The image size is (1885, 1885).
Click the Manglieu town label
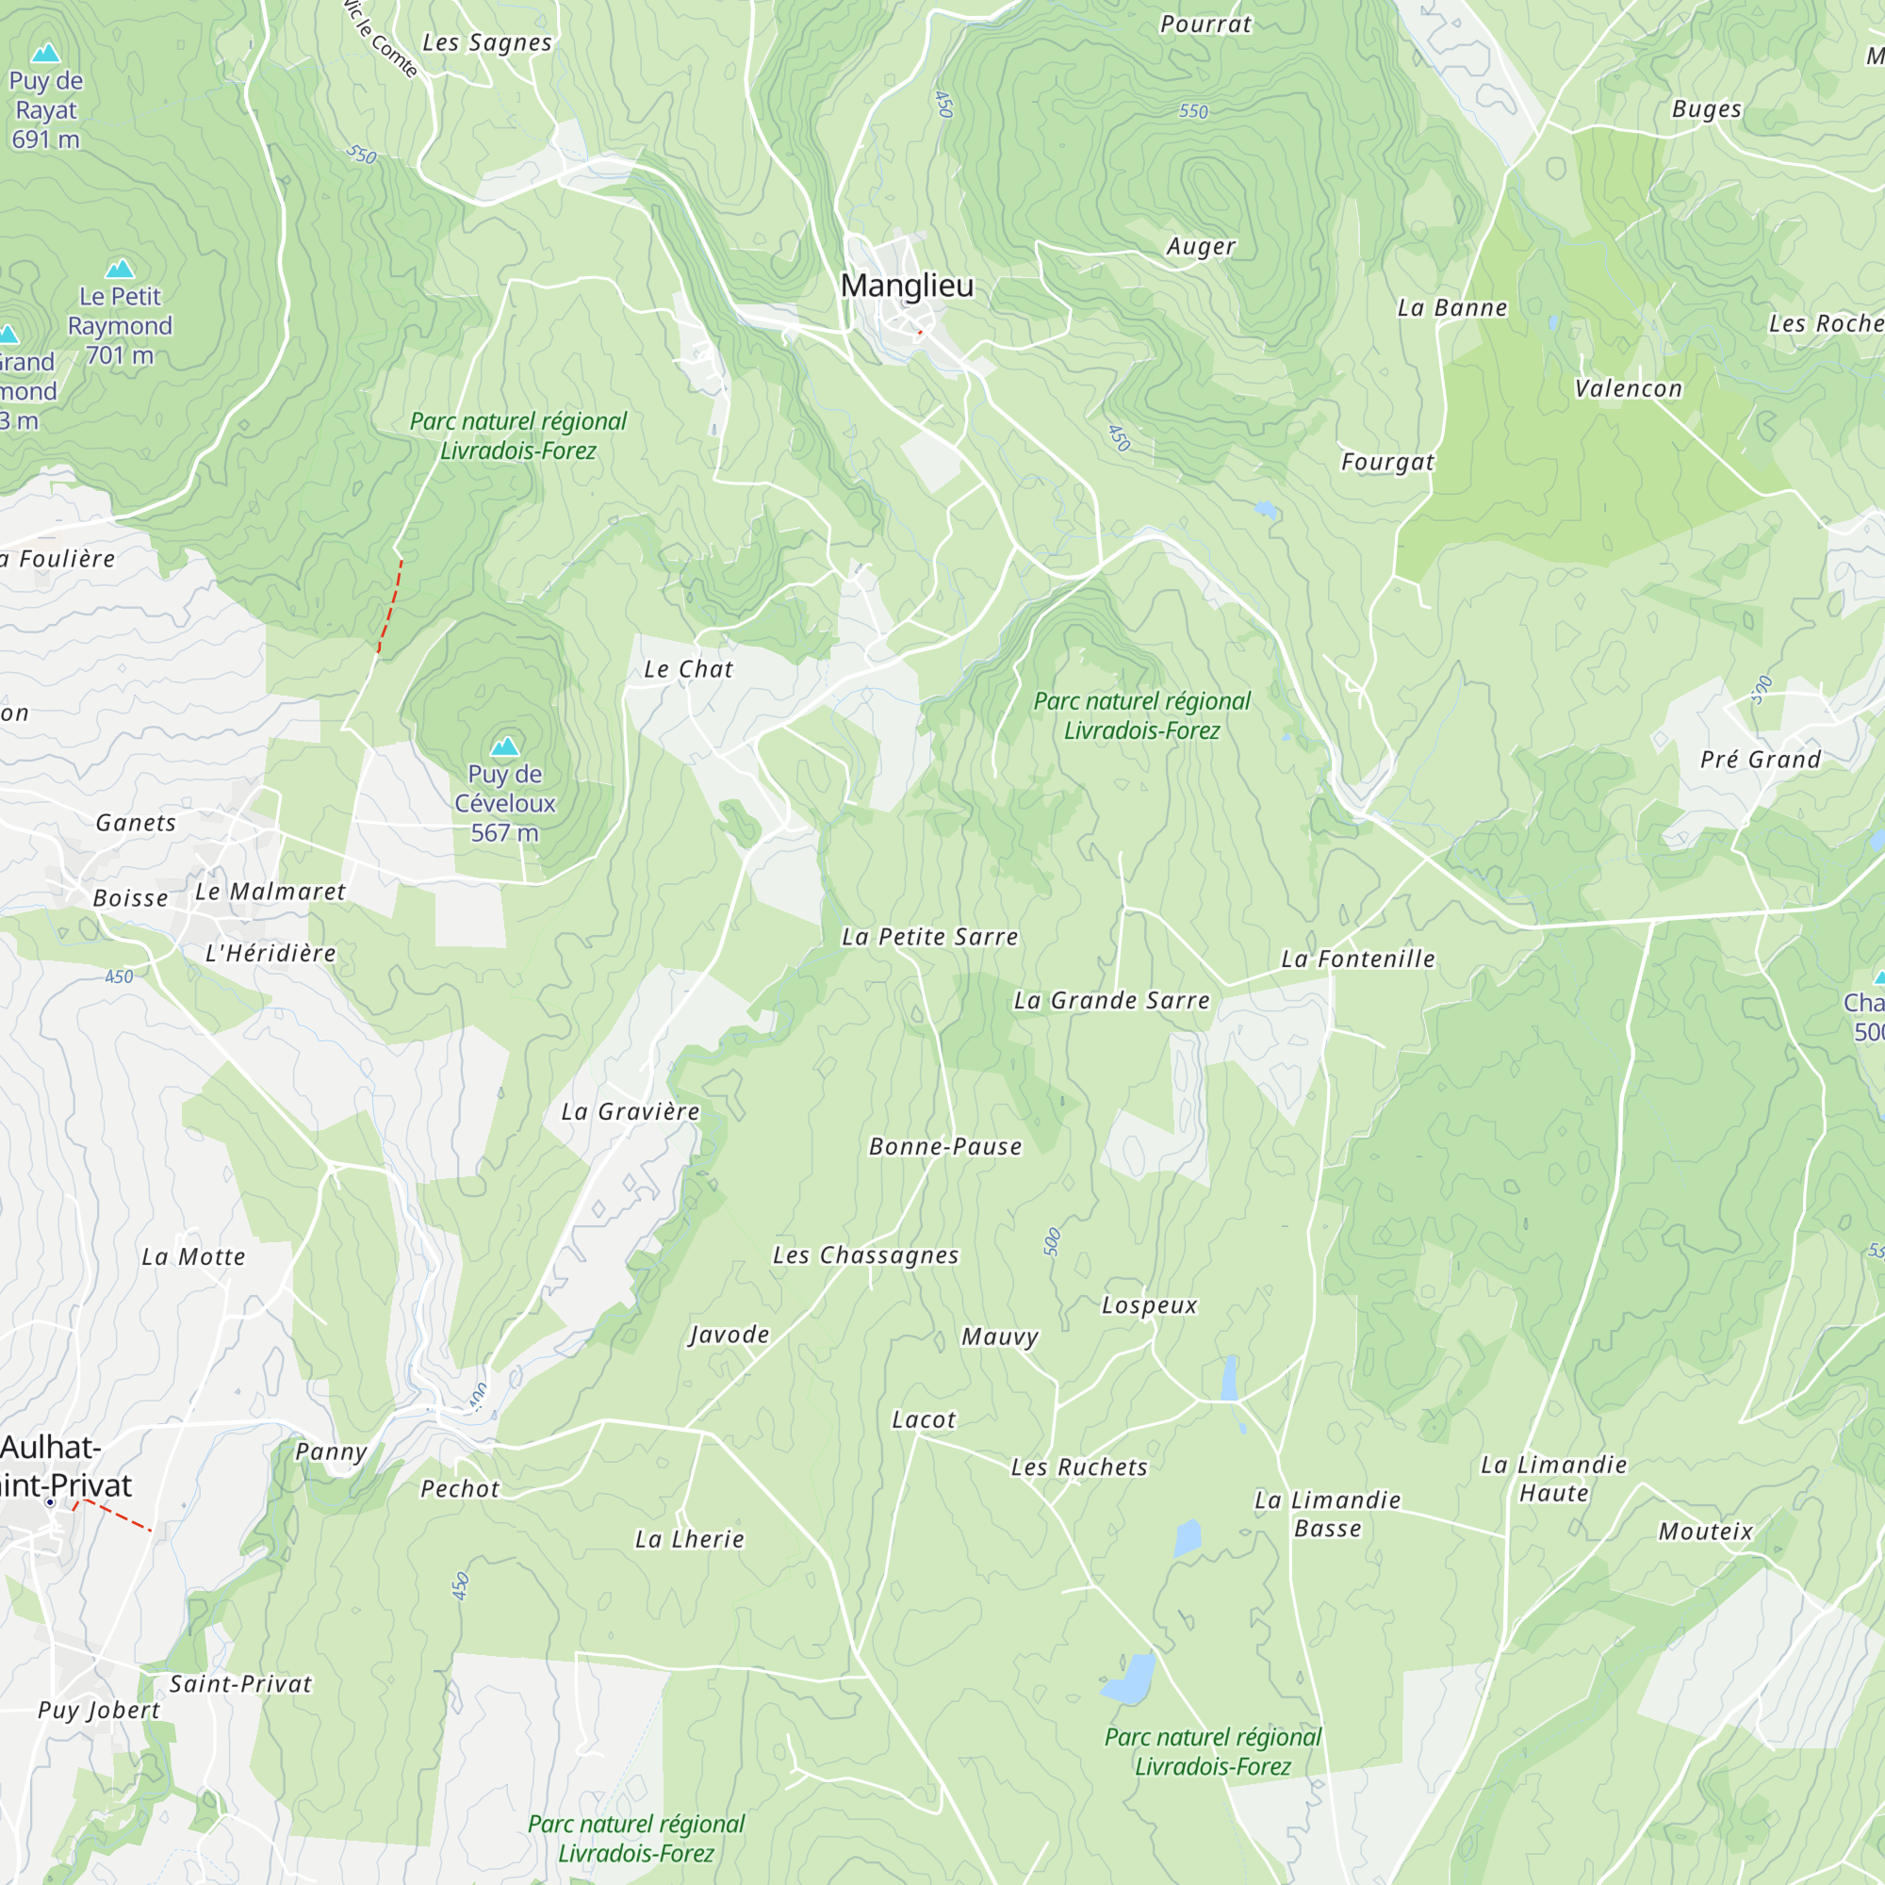[907, 286]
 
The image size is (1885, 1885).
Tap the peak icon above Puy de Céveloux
[504, 746]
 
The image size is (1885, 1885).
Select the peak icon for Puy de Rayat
[46, 54]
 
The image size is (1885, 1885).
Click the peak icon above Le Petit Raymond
[120, 269]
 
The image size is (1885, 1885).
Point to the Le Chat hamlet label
[688, 669]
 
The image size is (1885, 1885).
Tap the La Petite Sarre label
[930, 937]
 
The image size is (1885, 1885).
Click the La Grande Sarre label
[1111, 1000]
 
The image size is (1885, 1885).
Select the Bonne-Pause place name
[945, 1146]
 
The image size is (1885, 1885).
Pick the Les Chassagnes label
[865, 1254]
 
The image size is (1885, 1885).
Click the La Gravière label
[631, 1111]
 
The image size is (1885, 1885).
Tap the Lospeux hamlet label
[1149, 1304]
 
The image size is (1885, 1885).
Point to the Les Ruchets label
[1079, 1467]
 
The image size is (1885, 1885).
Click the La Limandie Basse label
[1327, 1514]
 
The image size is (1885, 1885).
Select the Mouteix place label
[1706, 1531]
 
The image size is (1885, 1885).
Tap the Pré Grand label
[1760, 759]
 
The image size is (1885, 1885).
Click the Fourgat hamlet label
[1387, 462]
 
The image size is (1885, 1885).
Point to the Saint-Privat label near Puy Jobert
[241, 1683]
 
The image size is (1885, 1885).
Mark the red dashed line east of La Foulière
[391, 605]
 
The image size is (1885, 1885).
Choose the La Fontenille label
[1358, 959]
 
